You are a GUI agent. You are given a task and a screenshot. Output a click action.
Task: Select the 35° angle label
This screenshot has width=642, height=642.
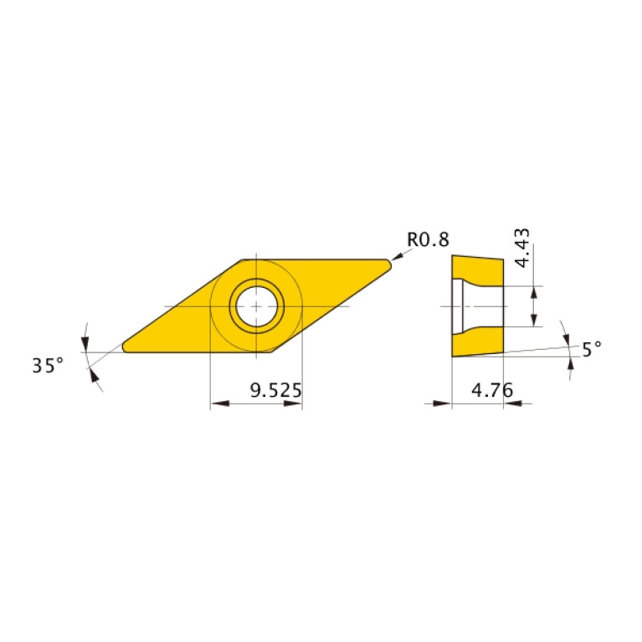(x=48, y=366)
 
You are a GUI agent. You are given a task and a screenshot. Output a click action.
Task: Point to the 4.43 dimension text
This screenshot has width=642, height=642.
(x=522, y=249)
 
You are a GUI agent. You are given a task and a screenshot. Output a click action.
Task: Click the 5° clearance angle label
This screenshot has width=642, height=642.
(x=592, y=349)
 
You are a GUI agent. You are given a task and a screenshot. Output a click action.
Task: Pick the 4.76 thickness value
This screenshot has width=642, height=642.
(x=492, y=390)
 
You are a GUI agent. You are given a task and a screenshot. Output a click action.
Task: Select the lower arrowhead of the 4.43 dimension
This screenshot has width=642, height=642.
(x=533, y=321)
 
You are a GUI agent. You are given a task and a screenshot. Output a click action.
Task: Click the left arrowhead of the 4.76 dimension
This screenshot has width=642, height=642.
(x=444, y=404)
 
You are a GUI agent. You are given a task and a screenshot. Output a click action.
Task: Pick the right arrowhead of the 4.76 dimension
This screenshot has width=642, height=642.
(x=511, y=404)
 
